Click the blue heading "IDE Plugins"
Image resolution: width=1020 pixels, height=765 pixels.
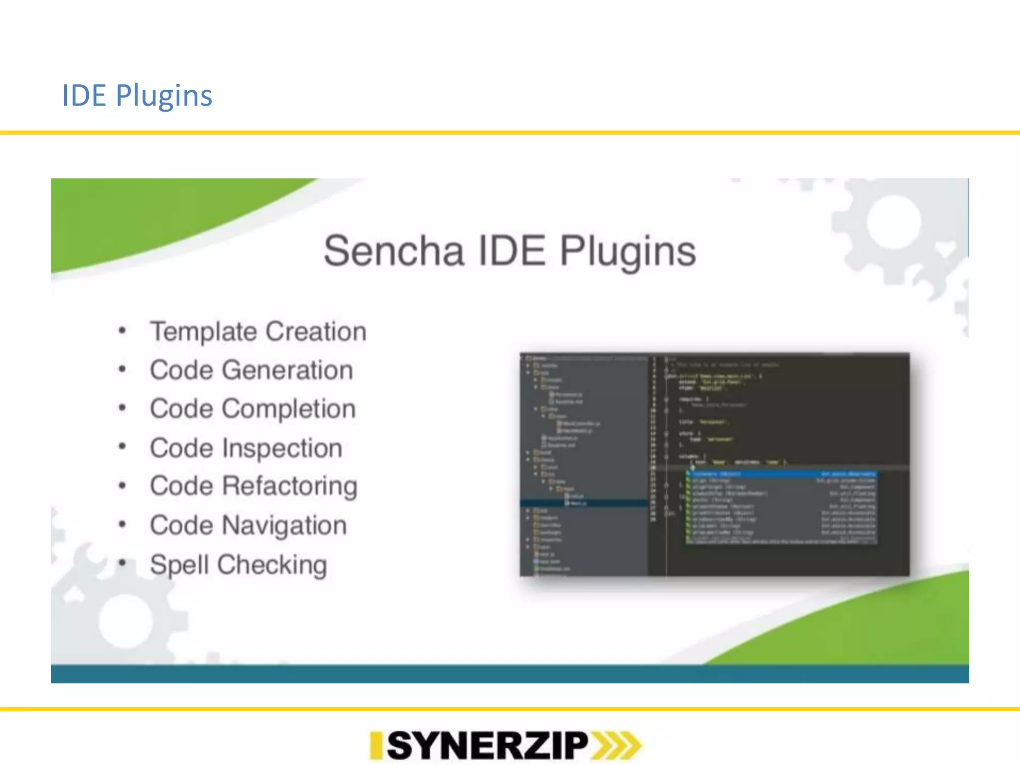pos(137,95)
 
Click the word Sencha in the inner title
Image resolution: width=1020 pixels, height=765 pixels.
pos(393,251)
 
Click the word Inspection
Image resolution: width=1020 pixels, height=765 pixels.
pos(282,448)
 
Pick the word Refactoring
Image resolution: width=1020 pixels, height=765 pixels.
pos(290,486)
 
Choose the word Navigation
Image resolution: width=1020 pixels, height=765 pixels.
pos(284,525)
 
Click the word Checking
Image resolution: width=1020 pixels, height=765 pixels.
pos(272,565)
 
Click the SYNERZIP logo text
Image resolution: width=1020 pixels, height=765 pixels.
pos(487,746)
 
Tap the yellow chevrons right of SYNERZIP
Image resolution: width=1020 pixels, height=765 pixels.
pos(616,746)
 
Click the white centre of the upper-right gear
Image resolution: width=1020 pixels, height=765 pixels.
pos(893,222)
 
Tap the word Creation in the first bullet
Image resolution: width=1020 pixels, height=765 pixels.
pos(316,332)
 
